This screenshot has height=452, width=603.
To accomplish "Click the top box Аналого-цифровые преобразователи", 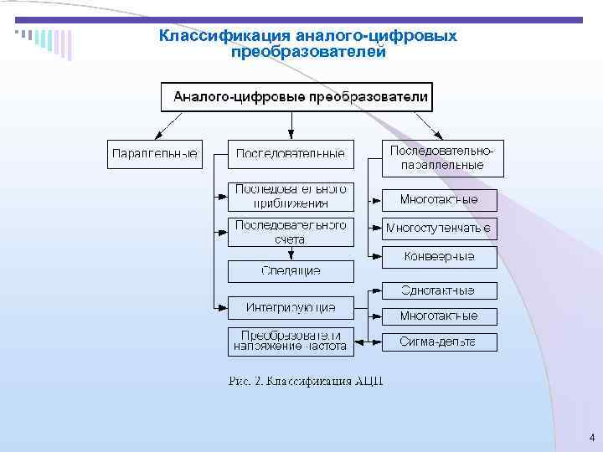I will coord(296,97).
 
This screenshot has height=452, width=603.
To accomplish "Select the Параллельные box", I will coord(155,154).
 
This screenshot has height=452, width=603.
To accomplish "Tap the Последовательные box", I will coord(291,154).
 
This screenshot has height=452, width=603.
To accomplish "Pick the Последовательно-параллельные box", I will coord(443,157).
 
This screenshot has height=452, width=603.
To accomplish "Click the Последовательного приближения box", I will coord(291,196).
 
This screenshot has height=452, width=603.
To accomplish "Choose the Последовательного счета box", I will coord(291,232).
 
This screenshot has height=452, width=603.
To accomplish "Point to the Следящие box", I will coord(291,271).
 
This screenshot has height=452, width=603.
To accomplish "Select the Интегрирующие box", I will coord(291,307).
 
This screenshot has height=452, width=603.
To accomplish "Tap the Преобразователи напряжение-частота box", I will coord(291,341).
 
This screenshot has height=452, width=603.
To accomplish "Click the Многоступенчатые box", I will coord(439,229).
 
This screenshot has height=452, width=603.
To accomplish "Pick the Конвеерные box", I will coord(439,257).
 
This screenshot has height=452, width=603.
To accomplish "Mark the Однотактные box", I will coord(439,290).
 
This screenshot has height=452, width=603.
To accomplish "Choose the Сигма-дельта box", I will coord(439,342).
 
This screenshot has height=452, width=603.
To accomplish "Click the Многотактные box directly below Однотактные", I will coord(439,316).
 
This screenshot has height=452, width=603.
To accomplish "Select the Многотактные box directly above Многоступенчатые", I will coord(439,200).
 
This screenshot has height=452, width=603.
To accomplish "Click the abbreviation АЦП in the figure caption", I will coord(369,382).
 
